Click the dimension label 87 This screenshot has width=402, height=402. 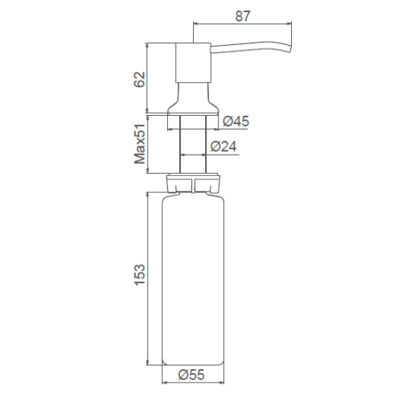pos(243,16)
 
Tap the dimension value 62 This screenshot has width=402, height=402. pos(139,80)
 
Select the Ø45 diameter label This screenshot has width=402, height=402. pos(236,121)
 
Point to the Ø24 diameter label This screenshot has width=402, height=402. pos(224,146)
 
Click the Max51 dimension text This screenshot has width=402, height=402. pos(140,144)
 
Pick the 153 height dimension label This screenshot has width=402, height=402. pos(139,275)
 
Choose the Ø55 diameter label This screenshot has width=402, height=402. pos(191,375)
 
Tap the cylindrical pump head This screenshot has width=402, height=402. pos(193,63)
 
